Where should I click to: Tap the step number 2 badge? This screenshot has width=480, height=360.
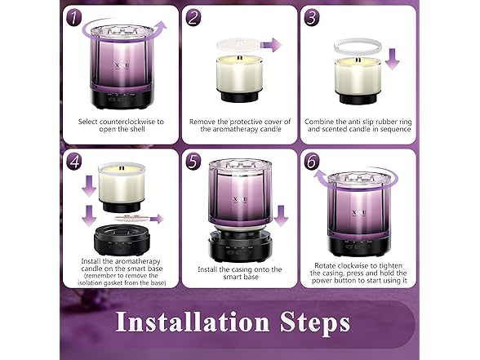193,17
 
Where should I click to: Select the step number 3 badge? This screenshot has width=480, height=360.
313,17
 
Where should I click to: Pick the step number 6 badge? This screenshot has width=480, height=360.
313,161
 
